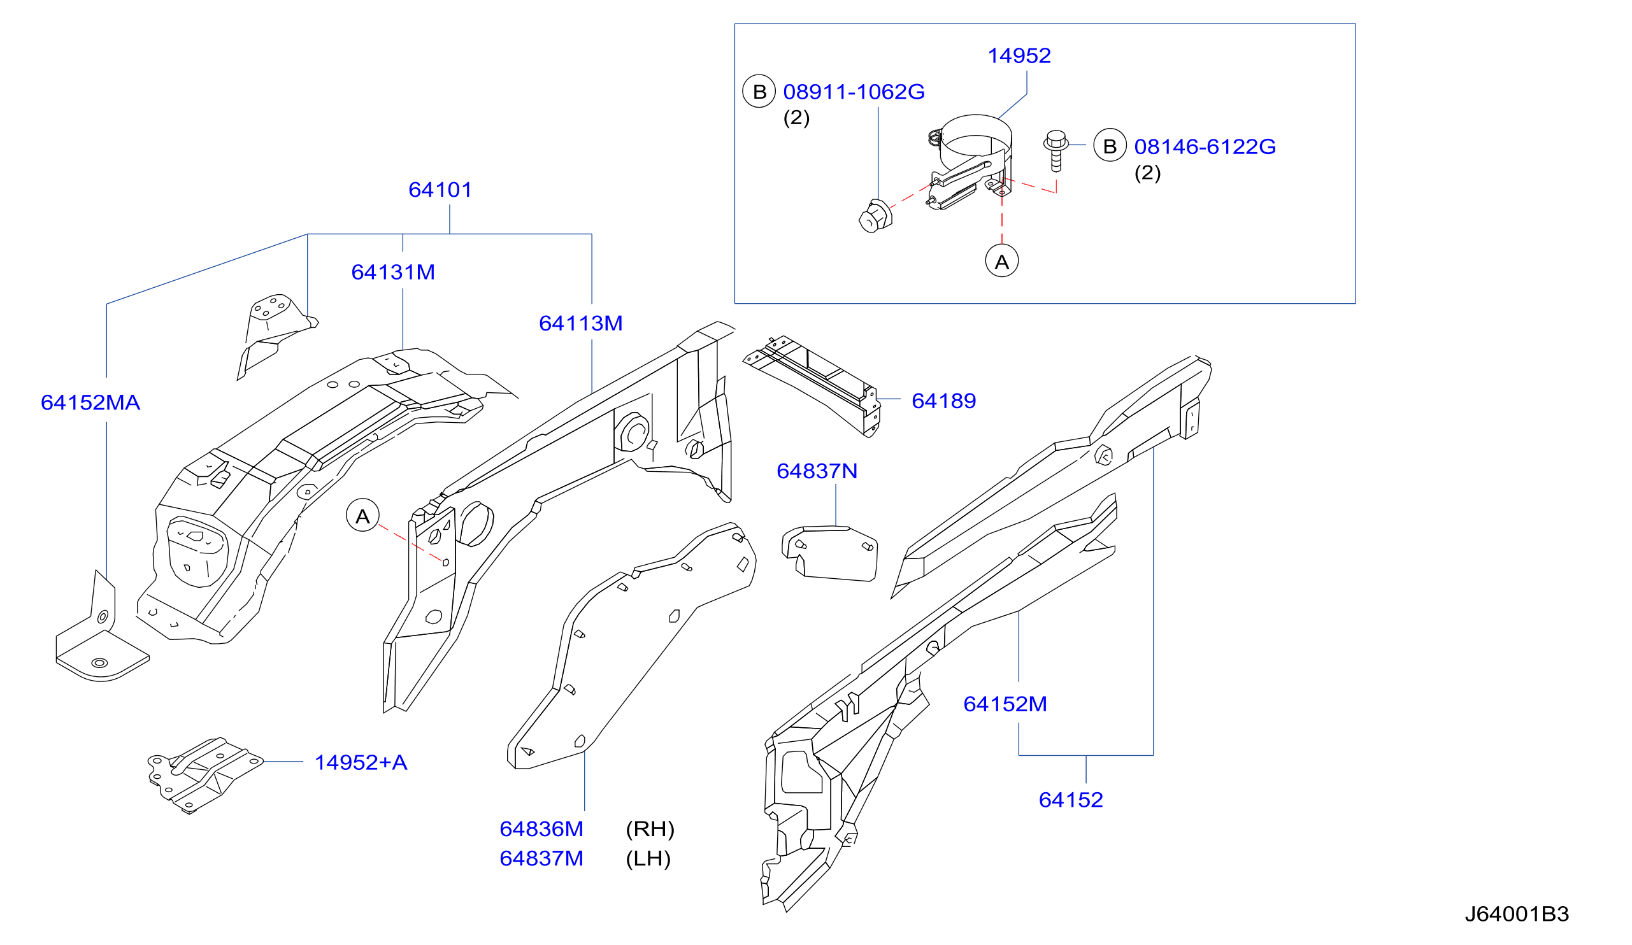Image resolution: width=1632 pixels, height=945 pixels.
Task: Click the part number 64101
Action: click(440, 190)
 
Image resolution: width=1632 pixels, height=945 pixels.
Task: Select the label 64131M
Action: click(393, 272)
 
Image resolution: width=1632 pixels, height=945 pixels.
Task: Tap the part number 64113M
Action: click(581, 323)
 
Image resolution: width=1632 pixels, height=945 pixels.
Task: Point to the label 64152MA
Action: click(90, 402)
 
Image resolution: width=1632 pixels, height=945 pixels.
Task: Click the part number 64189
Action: click(943, 401)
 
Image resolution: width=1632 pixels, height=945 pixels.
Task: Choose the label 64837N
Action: click(817, 471)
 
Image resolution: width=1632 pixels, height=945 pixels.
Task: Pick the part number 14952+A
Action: click(361, 762)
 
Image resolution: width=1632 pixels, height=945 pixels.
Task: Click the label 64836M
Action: click(541, 828)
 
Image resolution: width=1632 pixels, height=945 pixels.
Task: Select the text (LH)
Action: click(648, 859)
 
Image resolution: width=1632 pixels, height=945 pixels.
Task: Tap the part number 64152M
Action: click(1005, 704)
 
